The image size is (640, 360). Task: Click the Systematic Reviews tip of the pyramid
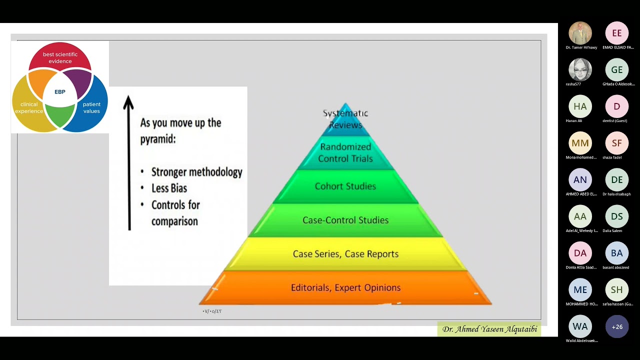345,119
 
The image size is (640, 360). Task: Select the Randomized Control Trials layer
345,152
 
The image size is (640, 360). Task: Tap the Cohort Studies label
345,186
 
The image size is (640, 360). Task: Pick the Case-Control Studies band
345,220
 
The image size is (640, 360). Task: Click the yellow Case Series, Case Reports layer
345,254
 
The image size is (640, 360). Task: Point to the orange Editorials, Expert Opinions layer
345,287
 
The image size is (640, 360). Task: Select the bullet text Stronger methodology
196,172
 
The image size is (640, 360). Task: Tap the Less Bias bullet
169,188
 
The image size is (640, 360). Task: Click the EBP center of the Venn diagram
60,92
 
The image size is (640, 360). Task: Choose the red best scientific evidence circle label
60,58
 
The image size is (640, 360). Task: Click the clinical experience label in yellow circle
29,107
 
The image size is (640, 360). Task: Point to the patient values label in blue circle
91,107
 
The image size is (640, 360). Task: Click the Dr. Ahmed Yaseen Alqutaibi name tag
489,329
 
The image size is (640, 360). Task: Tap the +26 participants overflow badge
617,326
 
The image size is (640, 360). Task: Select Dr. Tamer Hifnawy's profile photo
580,33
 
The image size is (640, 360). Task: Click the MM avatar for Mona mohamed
580,143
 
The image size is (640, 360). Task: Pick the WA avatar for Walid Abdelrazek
580,326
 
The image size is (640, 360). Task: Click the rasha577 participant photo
580,70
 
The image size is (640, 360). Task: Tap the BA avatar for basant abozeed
617,253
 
